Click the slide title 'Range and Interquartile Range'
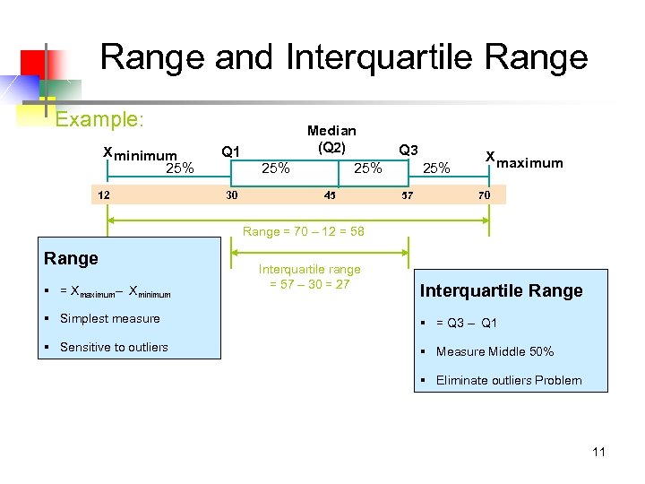tap(344, 57)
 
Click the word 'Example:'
tap(100, 119)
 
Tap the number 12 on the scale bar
tap(105, 194)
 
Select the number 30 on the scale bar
tap(231, 194)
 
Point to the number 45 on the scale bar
tap(330, 194)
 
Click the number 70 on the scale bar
tap(484, 194)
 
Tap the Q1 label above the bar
tap(230, 151)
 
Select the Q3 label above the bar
tap(408, 150)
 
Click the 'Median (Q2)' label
tap(331, 139)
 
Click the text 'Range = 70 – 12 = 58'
tap(304, 231)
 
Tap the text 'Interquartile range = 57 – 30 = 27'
tap(310, 277)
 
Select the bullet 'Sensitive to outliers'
tap(114, 347)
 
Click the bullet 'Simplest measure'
tap(110, 318)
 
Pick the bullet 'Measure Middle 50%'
tap(494, 351)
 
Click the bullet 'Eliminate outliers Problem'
tap(509, 380)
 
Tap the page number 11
tap(598, 452)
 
